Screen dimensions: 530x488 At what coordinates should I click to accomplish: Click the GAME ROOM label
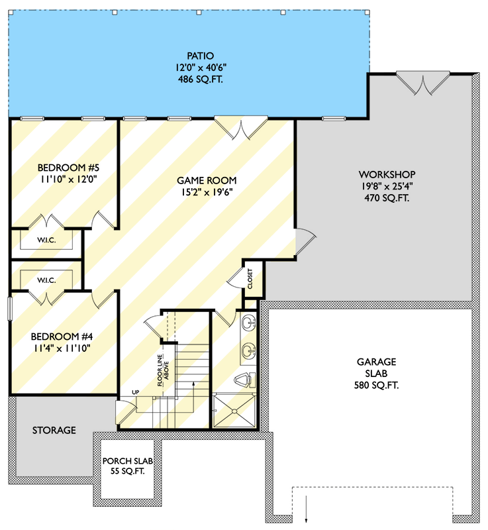(x=207, y=180)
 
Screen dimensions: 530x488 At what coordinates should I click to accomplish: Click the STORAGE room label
(x=54, y=431)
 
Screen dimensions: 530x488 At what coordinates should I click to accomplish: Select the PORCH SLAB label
(x=128, y=460)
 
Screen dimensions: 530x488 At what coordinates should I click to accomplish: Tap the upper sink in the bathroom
(x=248, y=323)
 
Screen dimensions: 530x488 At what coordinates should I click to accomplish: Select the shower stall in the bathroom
(x=234, y=411)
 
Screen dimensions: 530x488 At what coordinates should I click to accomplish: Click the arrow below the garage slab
(x=307, y=511)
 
